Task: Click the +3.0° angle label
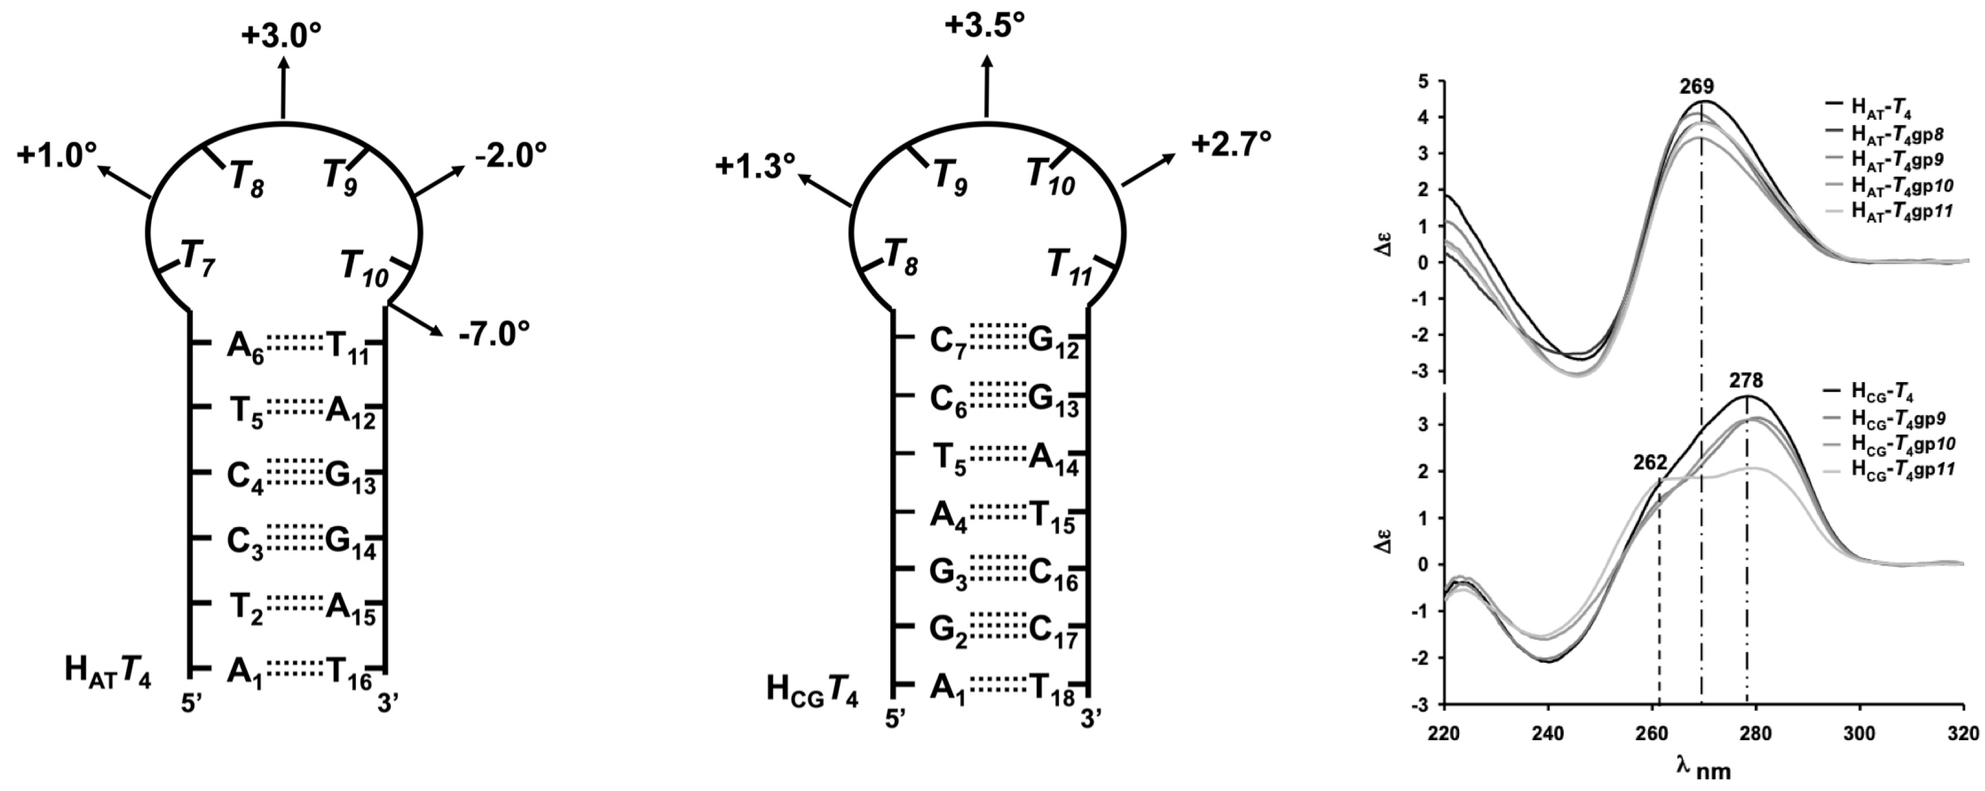(x=281, y=37)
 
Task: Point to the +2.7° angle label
(x=1231, y=144)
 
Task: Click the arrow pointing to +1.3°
(x=824, y=191)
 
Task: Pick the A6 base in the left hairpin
(x=246, y=346)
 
